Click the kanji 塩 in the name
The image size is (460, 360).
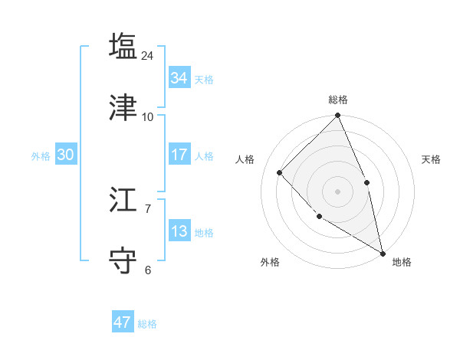tap(123, 46)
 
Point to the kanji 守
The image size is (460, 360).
tap(123, 260)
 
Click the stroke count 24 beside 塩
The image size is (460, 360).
tap(148, 55)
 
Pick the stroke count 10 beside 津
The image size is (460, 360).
tap(148, 116)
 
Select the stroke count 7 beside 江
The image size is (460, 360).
tap(148, 208)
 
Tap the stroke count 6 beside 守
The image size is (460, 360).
tap(148, 270)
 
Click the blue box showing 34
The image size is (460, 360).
tap(179, 78)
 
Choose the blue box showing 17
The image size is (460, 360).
tap(179, 155)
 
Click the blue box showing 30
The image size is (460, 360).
tap(65, 155)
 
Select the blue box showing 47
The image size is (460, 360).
tap(122, 322)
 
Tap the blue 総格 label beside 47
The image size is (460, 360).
tap(147, 324)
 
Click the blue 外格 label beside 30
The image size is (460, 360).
tap(41, 156)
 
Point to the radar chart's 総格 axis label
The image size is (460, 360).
tap(337, 100)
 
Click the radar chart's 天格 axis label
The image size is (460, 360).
tap(431, 159)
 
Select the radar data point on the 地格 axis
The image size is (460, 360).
tap(383, 253)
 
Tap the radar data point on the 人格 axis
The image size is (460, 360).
tap(280, 172)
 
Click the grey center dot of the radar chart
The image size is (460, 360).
tap(337, 191)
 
